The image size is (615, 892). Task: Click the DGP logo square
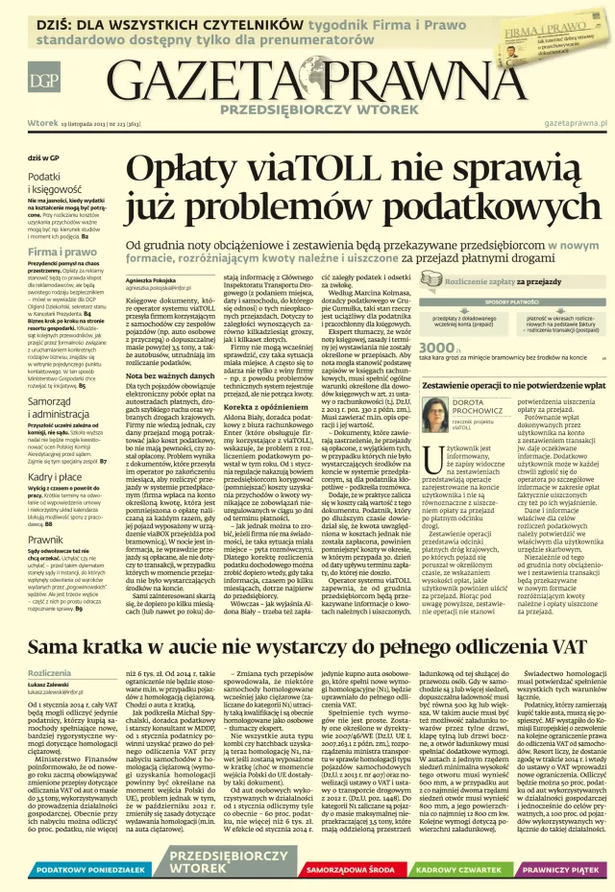tap(41, 81)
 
